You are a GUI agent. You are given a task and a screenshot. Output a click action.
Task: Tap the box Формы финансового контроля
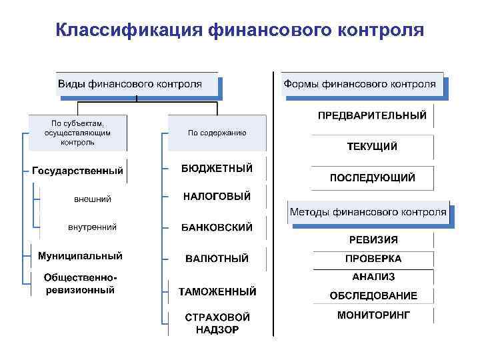click(360, 85)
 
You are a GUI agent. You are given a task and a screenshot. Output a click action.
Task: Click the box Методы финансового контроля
click(368, 213)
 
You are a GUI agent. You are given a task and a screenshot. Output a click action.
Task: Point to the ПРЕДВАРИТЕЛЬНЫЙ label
click(372, 115)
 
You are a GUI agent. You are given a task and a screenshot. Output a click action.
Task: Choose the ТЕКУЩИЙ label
click(372, 146)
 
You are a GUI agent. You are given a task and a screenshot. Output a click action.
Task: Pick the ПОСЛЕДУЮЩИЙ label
click(372, 178)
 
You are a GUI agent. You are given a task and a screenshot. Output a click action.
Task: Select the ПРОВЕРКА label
click(373, 259)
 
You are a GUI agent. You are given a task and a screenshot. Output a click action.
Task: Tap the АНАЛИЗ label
click(373, 277)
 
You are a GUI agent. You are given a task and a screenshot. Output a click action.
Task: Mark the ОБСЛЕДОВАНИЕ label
click(373, 295)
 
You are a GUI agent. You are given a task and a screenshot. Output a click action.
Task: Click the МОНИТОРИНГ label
click(373, 313)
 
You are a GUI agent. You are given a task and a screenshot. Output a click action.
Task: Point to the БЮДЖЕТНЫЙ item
click(217, 169)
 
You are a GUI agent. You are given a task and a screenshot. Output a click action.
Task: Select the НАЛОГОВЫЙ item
click(217, 197)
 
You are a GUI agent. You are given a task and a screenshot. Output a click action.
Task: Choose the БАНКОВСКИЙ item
click(217, 227)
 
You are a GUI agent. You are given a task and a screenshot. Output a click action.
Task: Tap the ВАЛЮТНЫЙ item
click(217, 258)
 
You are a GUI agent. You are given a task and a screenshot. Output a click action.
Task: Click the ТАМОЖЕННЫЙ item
click(217, 291)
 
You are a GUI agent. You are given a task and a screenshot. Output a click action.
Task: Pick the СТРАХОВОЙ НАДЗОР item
click(217, 323)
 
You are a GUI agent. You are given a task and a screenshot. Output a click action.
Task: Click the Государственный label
click(77, 171)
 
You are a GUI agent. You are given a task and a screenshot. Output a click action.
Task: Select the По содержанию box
click(217, 133)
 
